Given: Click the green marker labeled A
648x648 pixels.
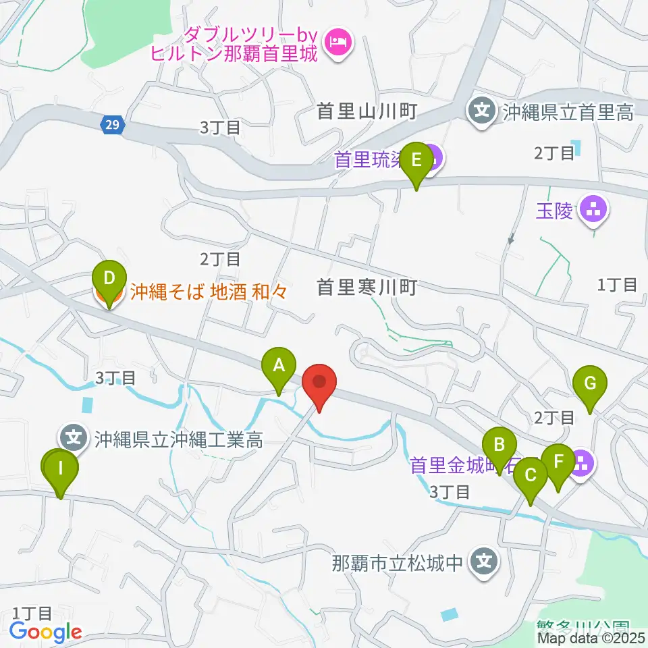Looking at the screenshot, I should click(x=278, y=366).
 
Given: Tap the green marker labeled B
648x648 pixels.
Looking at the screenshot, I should click(x=500, y=446).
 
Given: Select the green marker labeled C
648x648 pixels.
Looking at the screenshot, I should click(x=530, y=476).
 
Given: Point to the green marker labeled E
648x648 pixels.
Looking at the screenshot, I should click(x=416, y=161).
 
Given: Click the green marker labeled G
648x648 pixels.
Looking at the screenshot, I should click(x=589, y=385).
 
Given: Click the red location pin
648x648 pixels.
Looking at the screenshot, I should click(x=320, y=383).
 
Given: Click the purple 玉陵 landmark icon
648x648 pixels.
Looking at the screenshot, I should click(x=595, y=211).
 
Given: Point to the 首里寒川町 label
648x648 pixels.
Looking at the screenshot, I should click(x=367, y=288).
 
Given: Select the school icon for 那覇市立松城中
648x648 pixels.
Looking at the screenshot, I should click(x=483, y=560).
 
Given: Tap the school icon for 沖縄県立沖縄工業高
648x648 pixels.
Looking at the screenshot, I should click(x=74, y=438).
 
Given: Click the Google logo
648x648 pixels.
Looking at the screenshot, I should click(x=45, y=632).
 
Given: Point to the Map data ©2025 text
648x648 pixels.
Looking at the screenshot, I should click(x=591, y=637).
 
